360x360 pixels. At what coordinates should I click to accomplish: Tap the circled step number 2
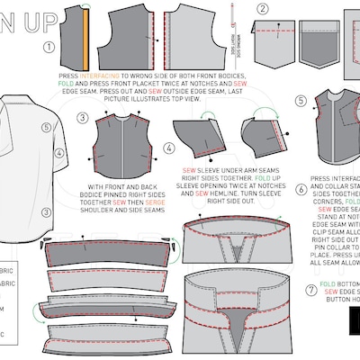pyautogui.click(x=262, y=10)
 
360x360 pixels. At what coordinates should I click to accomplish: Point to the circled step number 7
pyautogui.click(x=311, y=290)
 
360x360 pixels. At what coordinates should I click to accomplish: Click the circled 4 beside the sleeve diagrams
pyautogui.click(x=169, y=146)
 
